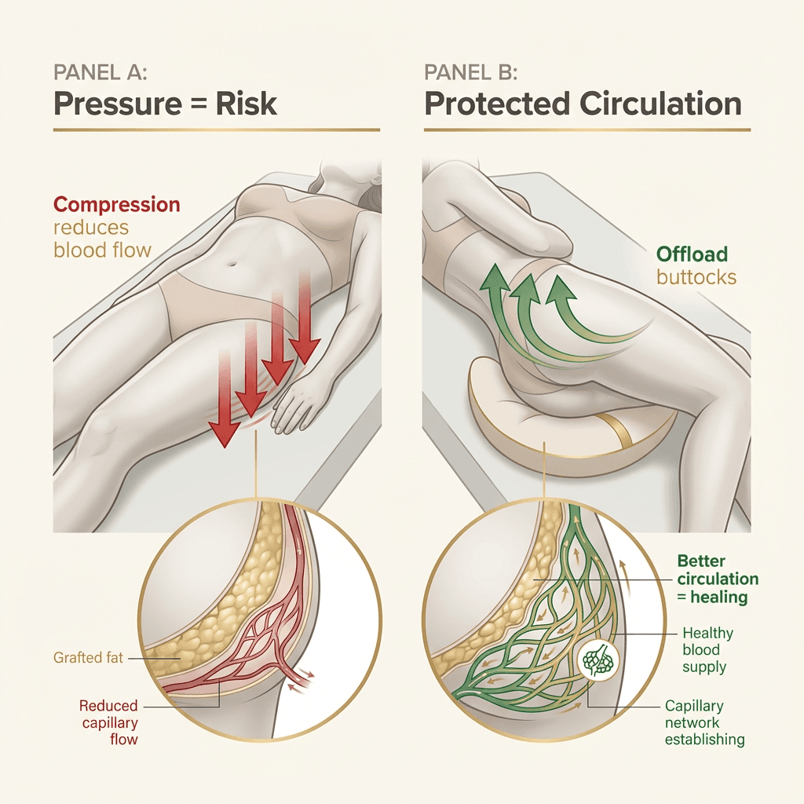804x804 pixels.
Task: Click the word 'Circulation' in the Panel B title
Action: (x=651, y=103)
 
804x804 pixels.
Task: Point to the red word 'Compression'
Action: (x=116, y=205)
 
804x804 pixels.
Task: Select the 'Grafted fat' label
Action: (x=89, y=656)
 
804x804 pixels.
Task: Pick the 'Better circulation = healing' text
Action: (x=717, y=579)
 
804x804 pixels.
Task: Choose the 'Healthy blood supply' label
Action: (x=707, y=649)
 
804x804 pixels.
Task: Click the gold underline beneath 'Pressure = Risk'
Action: (x=217, y=130)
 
